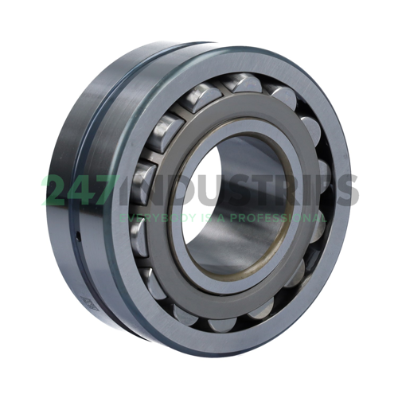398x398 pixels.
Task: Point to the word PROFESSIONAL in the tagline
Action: [278, 217]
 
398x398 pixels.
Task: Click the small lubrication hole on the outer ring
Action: [78, 236]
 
